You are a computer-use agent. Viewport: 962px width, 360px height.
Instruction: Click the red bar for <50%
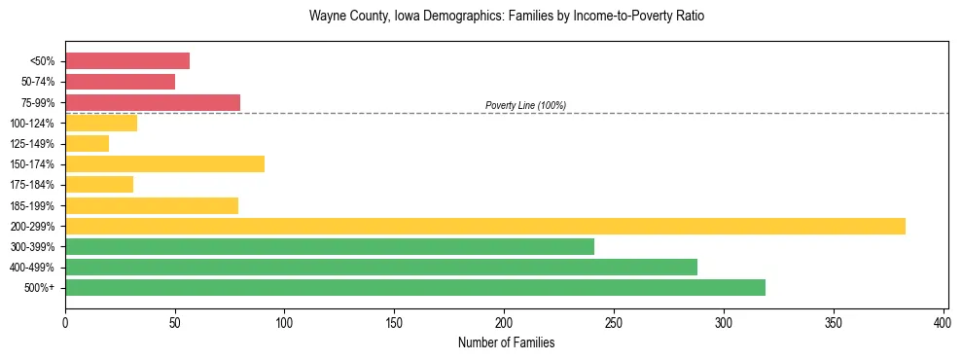click(x=127, y=61)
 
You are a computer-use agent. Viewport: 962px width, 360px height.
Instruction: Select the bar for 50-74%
click(x=120, y=82)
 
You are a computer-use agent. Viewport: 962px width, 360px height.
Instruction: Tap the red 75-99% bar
click(x=153, y=102)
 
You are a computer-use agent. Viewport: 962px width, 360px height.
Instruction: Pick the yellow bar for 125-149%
click(x=87, y=144)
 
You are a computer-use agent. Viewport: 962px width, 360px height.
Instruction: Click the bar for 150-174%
click(x=164, y=164)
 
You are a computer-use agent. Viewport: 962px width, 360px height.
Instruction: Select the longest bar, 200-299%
click(x=485, y=226)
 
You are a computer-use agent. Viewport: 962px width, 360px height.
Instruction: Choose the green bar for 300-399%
click(x=330, y=247)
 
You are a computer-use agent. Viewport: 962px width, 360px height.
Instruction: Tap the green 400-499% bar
click(x=381, y=268)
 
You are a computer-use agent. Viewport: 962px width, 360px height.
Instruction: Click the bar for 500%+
click(x=415, y=288)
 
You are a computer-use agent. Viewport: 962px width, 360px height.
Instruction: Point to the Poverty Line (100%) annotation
click(x=525, y=105)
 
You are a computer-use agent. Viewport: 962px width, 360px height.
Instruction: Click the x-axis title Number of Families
click(x=506, y=342)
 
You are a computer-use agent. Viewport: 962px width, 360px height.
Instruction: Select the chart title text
click(x=506, y=17)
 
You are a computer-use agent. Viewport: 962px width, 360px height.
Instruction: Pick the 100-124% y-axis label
click(x=32, y=124)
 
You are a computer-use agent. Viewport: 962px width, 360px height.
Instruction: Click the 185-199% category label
click(x=32, y=206)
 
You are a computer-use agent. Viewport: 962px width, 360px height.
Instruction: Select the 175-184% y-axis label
click(x=32, y=185)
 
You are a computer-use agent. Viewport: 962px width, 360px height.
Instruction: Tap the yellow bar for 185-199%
click(x=152, y=205)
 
